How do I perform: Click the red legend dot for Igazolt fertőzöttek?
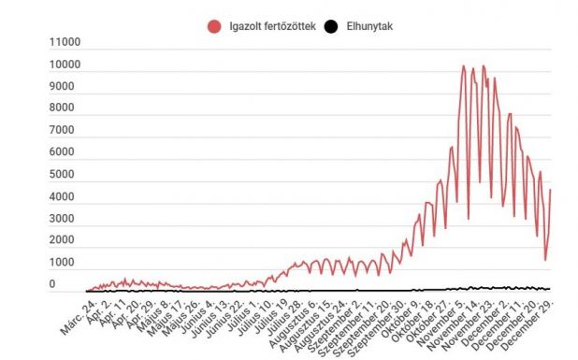tap(213, 26)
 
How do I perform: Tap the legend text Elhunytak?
tap(367, 26)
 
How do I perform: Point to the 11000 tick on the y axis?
tap(64, 42)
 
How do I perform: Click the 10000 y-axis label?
tap(64, 65)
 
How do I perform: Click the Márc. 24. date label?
tap(75, 308)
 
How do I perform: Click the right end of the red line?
tap(550, 190)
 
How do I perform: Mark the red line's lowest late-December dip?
tap(545, 260)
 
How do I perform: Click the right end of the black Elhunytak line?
tap(550, 290)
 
